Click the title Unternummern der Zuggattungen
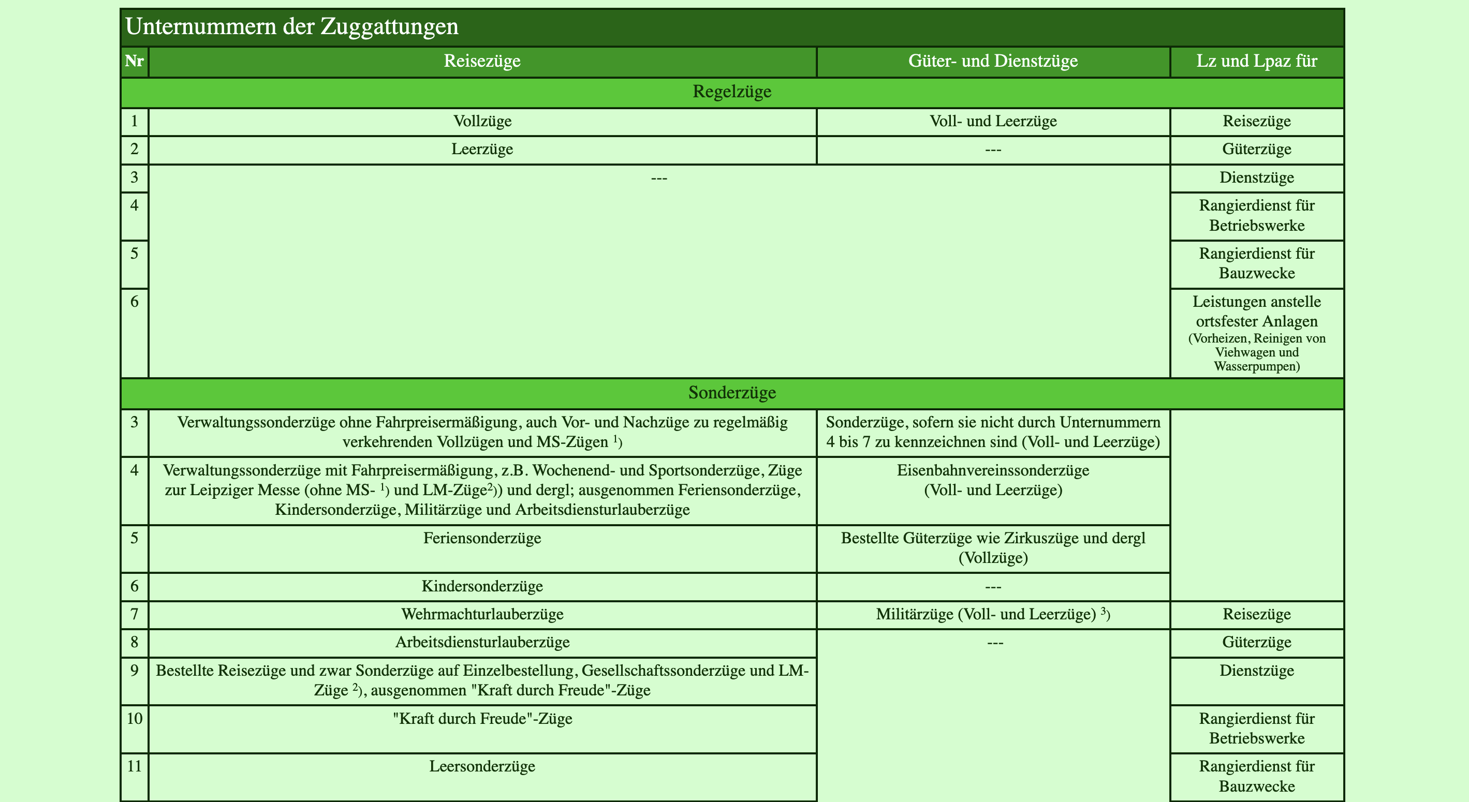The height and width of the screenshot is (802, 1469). click(291, 27)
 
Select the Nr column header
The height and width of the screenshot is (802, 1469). click(134, 61)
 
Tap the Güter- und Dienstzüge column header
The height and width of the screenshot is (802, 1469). click(993, 61)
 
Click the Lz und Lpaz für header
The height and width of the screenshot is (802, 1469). click(1256, 61)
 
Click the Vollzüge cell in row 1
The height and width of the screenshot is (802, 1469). click(482, 121)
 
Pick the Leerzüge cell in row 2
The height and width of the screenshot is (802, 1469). click(482, 150)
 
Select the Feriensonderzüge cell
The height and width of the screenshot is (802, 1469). click(482, 538)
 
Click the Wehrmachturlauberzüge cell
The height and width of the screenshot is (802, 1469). click(482, 615)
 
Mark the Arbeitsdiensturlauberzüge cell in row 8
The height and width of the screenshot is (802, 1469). click(482, 643)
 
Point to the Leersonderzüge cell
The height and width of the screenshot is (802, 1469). click(482, 766)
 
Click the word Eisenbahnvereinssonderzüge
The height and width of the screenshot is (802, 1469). click(993, 470)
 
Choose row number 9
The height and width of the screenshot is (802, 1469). click(134, 671)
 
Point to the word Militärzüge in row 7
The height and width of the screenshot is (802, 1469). click(914, 615)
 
